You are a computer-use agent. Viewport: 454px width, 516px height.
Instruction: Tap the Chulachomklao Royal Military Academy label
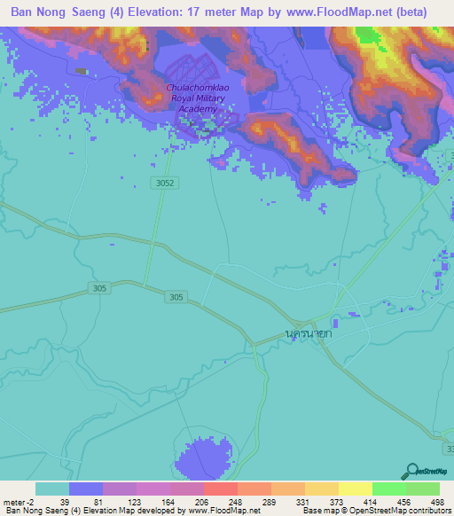click(x=201, y=99)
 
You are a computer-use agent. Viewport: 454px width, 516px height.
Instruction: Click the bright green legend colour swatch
click(x=388, y=489)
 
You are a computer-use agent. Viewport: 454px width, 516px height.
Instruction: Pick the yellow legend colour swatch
click(x=355, y=489)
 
